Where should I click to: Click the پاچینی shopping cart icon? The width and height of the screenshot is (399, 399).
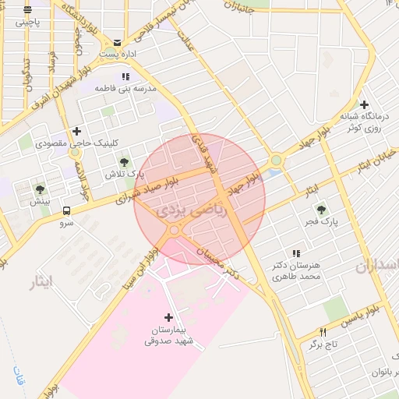pyautogui.click(x=27, y=10)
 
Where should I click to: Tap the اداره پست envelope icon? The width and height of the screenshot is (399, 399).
pyautogui.click(x=118, y=43)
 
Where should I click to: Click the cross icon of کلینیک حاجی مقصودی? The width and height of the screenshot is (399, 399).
pyautogui.click(x=76, y=131)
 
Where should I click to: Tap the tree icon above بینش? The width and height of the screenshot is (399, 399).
pyautogui.click(x=40, y=189)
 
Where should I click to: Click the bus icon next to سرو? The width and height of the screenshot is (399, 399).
pyautogui.click(x=66, y=210)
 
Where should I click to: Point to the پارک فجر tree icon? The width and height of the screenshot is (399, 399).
pyautogui.click(x=320, y=209)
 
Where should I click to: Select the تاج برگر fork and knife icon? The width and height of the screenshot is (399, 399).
pyautogui.click(x=323, y=332)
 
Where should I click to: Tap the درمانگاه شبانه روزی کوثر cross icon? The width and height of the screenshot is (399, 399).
pyautogui.click(x=364, y=104)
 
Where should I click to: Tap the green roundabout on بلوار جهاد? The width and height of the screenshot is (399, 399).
pyautogui.click(x=276, y=161)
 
